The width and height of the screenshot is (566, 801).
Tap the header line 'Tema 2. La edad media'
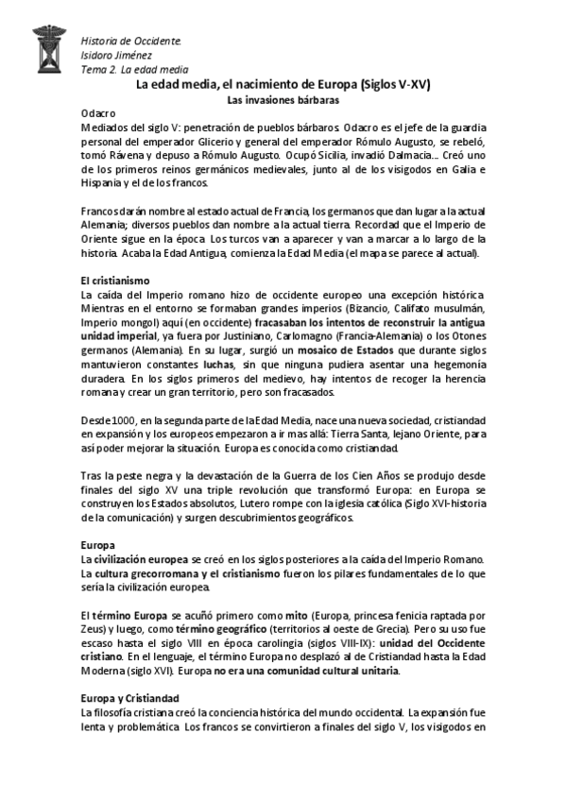tap(134, 70)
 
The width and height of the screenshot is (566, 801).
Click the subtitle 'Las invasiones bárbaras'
tap(283, 98)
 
